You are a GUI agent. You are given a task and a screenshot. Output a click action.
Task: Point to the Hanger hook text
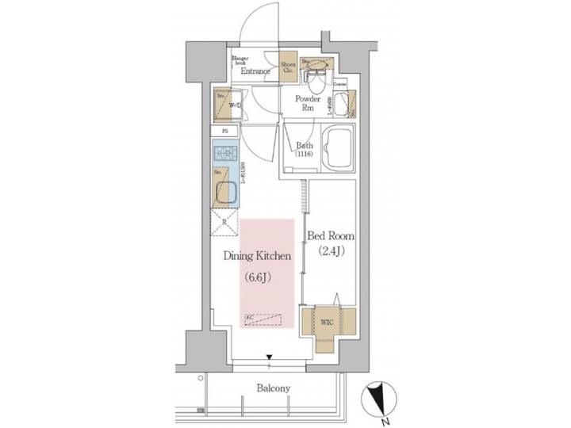240,60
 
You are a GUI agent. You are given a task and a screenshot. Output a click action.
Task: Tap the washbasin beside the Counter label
343,101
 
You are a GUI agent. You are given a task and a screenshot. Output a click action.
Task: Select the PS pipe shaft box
226,131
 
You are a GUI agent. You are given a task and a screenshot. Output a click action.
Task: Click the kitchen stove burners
227,153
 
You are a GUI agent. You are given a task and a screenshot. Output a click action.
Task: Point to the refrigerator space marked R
226,223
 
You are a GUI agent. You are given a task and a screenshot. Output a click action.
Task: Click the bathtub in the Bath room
339,151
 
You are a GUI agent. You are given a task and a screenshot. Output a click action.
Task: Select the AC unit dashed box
262,319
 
